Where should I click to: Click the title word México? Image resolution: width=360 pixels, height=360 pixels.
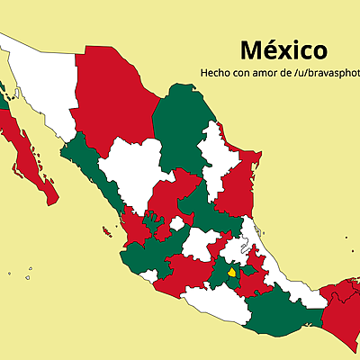pos(283,49)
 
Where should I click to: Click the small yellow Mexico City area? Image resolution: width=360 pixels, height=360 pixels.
pos(232,273)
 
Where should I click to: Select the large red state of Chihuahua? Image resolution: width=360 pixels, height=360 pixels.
pos(112,94)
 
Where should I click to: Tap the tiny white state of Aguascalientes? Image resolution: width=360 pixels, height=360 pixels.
pos(177,223)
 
